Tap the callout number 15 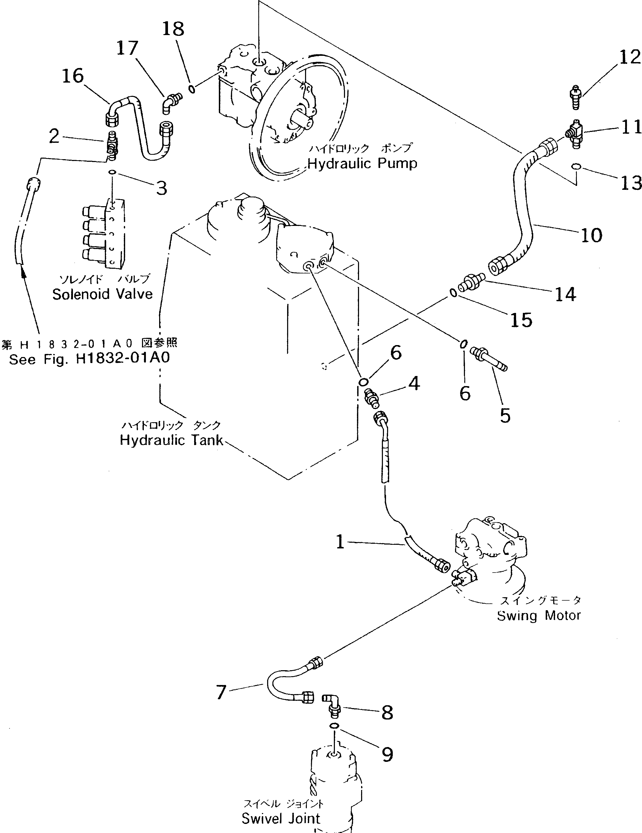[x=521, y=320]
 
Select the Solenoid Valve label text [x=102, y=294]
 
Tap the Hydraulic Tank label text [x=171, y=440]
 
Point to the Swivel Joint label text [x=281, y=818]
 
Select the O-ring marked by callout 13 [x=576, y=166]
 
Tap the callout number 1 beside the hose [x=340, y=542]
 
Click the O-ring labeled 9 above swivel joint [x=334, y=726]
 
